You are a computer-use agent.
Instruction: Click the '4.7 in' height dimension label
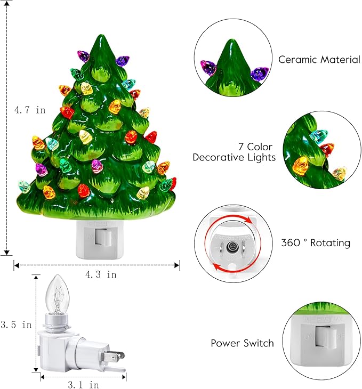[x=29, y=110]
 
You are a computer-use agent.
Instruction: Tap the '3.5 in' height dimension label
[x=15, y=324]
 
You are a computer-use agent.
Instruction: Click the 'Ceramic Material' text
[x=319, y=60]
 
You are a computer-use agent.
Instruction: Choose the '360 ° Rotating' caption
[x=315, y=243]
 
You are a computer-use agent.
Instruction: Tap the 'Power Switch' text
[x=242, y=343]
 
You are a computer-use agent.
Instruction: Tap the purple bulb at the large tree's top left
[x=83, y=55]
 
